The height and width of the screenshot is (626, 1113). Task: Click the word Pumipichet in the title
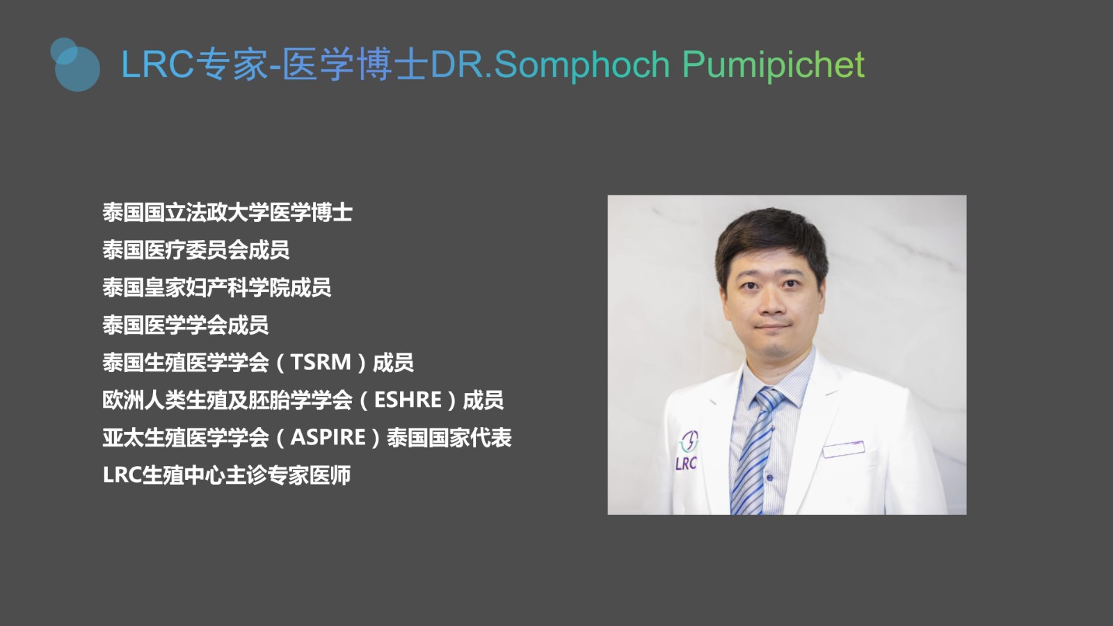tap(773, 65)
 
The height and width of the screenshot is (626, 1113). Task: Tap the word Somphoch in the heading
tap(582, 65)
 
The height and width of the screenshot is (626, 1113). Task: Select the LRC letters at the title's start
tap(157, 65)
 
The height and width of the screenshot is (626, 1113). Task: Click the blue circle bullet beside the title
tap(76, 65)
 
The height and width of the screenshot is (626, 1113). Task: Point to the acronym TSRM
tap(321, 362)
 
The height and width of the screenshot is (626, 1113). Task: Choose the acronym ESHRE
tap(408, 400)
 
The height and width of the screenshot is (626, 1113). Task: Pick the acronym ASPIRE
tap(328, 438)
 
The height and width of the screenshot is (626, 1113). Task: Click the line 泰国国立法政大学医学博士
tap(227, 213)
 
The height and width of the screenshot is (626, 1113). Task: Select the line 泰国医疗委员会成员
tap(196, 250)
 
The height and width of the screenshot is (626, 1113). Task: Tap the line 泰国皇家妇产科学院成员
tap(217, 288)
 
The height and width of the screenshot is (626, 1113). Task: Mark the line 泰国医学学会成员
tap(186, 325)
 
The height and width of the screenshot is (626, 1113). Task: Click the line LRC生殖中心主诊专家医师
tap(227, 475)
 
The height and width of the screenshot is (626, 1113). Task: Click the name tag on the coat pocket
tap(844, 449)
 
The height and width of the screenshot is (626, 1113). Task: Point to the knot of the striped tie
tap(768, 399)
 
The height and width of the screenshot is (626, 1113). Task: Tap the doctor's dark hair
tap(771, 239)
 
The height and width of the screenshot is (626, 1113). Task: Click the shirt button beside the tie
tap(769, 477)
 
